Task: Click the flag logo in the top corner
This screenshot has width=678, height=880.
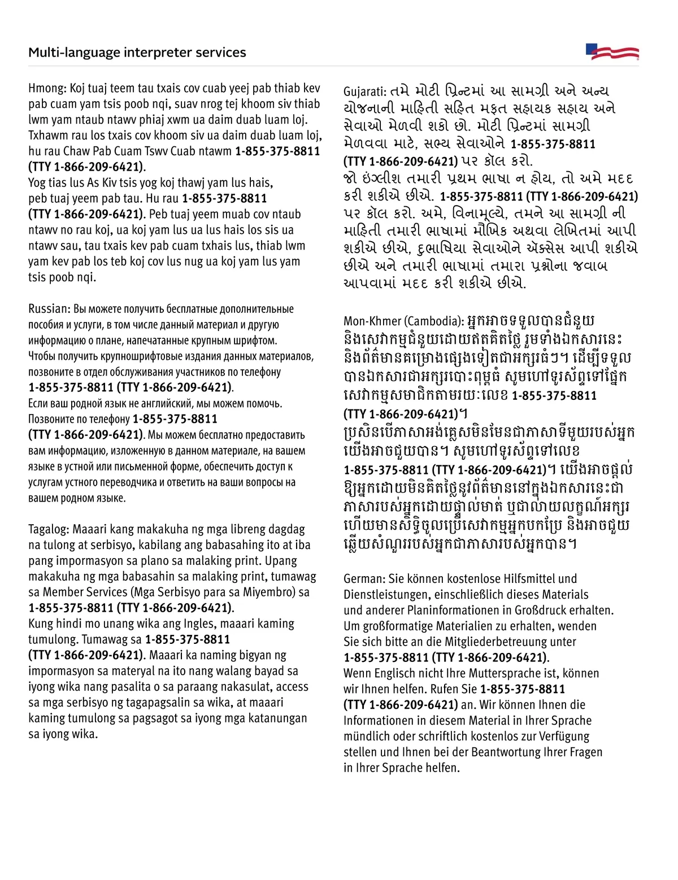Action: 612,52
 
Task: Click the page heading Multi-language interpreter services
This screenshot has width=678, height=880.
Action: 137,53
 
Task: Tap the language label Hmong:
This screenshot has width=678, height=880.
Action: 48,89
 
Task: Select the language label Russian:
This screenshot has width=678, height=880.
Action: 50,309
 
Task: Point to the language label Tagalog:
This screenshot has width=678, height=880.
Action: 49,530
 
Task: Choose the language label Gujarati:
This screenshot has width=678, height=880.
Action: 365,92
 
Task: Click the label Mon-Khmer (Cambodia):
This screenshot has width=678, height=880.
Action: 403,321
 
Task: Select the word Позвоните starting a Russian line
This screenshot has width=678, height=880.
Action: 51,419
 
